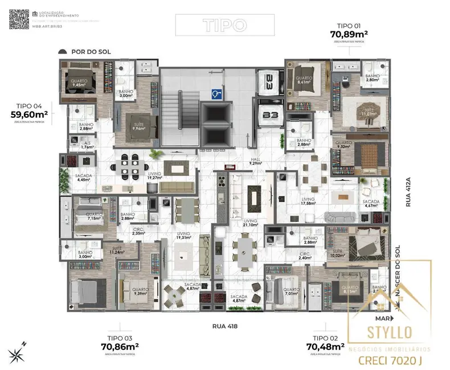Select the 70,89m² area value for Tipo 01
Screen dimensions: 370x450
tap(349, 34)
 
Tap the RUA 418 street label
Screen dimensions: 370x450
tap(224, 326)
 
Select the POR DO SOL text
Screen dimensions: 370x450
tap(91, 52)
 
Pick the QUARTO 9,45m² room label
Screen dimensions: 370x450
tap(79, 84)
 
